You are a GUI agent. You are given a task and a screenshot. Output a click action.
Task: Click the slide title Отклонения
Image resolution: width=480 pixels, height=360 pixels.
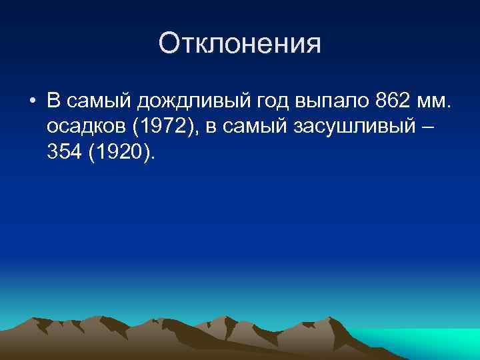240,44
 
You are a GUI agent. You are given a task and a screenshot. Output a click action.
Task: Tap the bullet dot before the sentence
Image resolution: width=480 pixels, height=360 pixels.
32,101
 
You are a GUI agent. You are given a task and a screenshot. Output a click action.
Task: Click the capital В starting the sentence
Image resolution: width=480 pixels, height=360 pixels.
54,101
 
